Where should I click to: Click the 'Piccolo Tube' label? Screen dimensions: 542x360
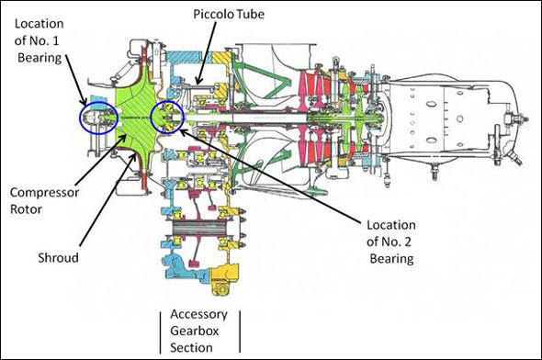[x=229, y=14]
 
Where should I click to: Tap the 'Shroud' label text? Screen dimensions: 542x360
[x=58, y=258]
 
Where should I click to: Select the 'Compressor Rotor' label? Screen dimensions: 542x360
[x=44, y=201]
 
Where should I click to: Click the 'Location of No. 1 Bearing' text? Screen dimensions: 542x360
[x=40, y=40]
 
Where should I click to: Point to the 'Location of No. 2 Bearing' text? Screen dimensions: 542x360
[x=391, y=242]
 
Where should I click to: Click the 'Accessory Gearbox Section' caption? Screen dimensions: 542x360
[x=198, y=331]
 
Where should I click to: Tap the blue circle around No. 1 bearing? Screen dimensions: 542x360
[x=80, y=118]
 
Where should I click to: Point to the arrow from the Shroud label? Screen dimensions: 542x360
[x=107, y=199]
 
